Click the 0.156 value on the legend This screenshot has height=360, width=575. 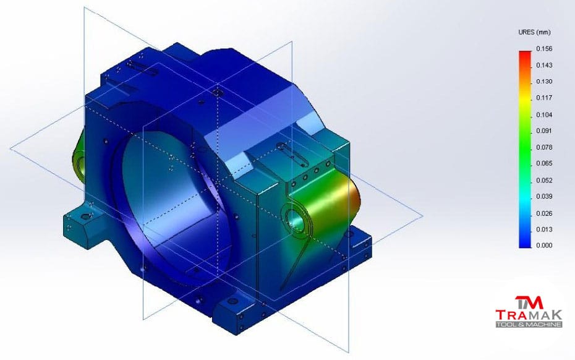click(544, 49)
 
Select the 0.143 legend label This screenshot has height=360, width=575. click(544, 66)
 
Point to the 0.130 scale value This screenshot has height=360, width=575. click(544, 82)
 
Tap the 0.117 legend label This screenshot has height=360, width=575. click(544, 98)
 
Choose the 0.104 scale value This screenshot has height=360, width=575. click(544, 115)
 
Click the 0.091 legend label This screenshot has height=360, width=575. click(544, 131)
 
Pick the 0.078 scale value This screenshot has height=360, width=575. click(544, 147)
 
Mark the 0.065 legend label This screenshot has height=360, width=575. click(544, 164)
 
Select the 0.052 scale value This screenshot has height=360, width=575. click(544, 181)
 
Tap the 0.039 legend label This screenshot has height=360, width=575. click(544, 197)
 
